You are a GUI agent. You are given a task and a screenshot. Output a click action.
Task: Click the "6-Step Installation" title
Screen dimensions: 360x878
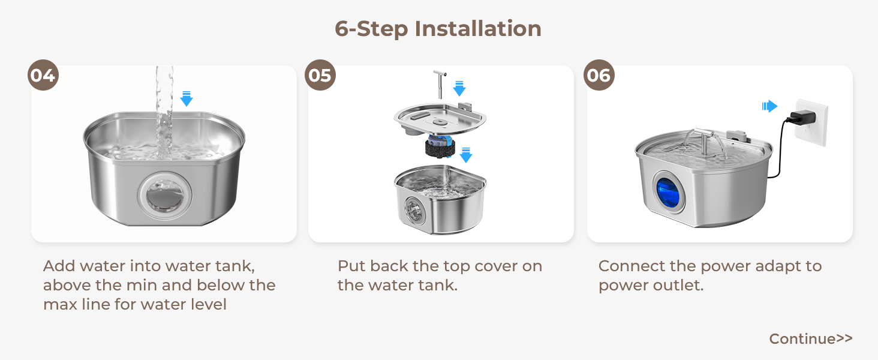438,29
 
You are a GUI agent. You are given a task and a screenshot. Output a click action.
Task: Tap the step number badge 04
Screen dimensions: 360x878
43,76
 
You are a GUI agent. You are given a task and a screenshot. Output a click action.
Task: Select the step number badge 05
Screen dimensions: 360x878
321,76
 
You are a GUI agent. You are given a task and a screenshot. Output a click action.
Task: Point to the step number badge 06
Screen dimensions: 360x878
599,76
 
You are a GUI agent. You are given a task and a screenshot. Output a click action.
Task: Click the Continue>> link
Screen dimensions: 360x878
810,339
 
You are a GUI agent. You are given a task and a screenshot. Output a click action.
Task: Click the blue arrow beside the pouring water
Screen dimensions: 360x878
187,98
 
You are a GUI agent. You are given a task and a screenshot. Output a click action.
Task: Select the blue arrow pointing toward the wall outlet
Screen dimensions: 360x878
769,106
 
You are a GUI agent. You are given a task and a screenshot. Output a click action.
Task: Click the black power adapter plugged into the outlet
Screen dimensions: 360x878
801,116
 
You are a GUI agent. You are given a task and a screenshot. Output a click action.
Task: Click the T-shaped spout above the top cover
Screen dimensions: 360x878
439,83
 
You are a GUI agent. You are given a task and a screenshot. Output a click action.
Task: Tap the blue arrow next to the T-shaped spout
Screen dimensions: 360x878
459,88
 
